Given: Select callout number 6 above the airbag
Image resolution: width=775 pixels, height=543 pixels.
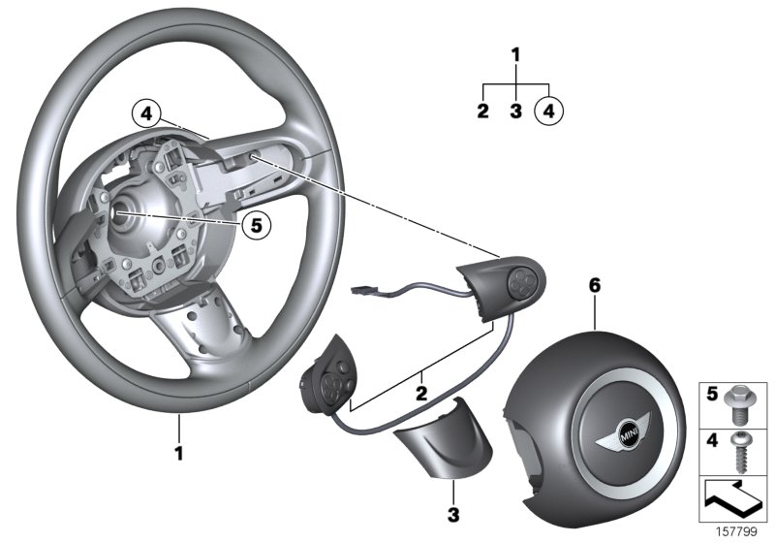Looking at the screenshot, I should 595,285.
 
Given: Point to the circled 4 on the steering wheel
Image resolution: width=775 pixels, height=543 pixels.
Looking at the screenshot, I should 143,113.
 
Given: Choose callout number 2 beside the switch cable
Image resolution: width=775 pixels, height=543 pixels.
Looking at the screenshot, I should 420,394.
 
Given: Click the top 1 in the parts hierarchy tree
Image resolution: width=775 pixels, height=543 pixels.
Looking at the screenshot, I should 515,54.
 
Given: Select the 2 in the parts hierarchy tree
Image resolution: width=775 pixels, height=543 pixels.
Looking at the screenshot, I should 482,112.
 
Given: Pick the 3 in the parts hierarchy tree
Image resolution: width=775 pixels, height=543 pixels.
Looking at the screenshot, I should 515,112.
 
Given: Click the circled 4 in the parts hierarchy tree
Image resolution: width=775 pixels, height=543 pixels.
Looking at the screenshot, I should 548,112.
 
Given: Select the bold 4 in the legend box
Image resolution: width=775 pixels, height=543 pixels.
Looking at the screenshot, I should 712,442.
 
